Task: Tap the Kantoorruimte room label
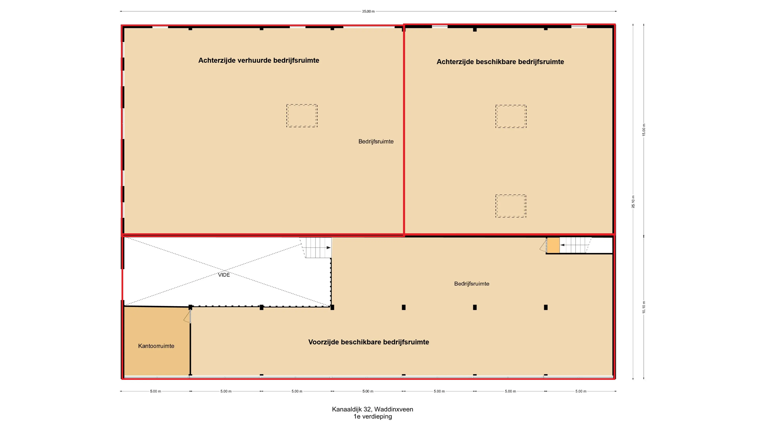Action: tap(156, 346)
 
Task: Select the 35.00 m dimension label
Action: tap(368, 11)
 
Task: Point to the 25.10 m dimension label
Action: tap(633, 201)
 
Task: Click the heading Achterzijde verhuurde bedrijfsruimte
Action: tap(259, 60)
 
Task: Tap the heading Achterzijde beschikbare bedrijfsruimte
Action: tap(500, 62)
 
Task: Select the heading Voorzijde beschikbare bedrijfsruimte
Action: tap(369, 342)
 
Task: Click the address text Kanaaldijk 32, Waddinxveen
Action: tap(372, 409)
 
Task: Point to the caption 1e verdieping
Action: tap(372, 416)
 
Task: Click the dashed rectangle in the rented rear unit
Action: tap(302, 116)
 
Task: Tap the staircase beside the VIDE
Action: tap(316, 247)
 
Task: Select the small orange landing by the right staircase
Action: tap(553, 245)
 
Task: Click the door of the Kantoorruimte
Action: tap(188, 316)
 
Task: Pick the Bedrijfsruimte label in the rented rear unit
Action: tap(376, 141)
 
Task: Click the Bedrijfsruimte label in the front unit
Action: tap(472, 283)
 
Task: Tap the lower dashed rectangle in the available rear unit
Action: tap(511, 206)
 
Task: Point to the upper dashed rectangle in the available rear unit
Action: tap(511, 116)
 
